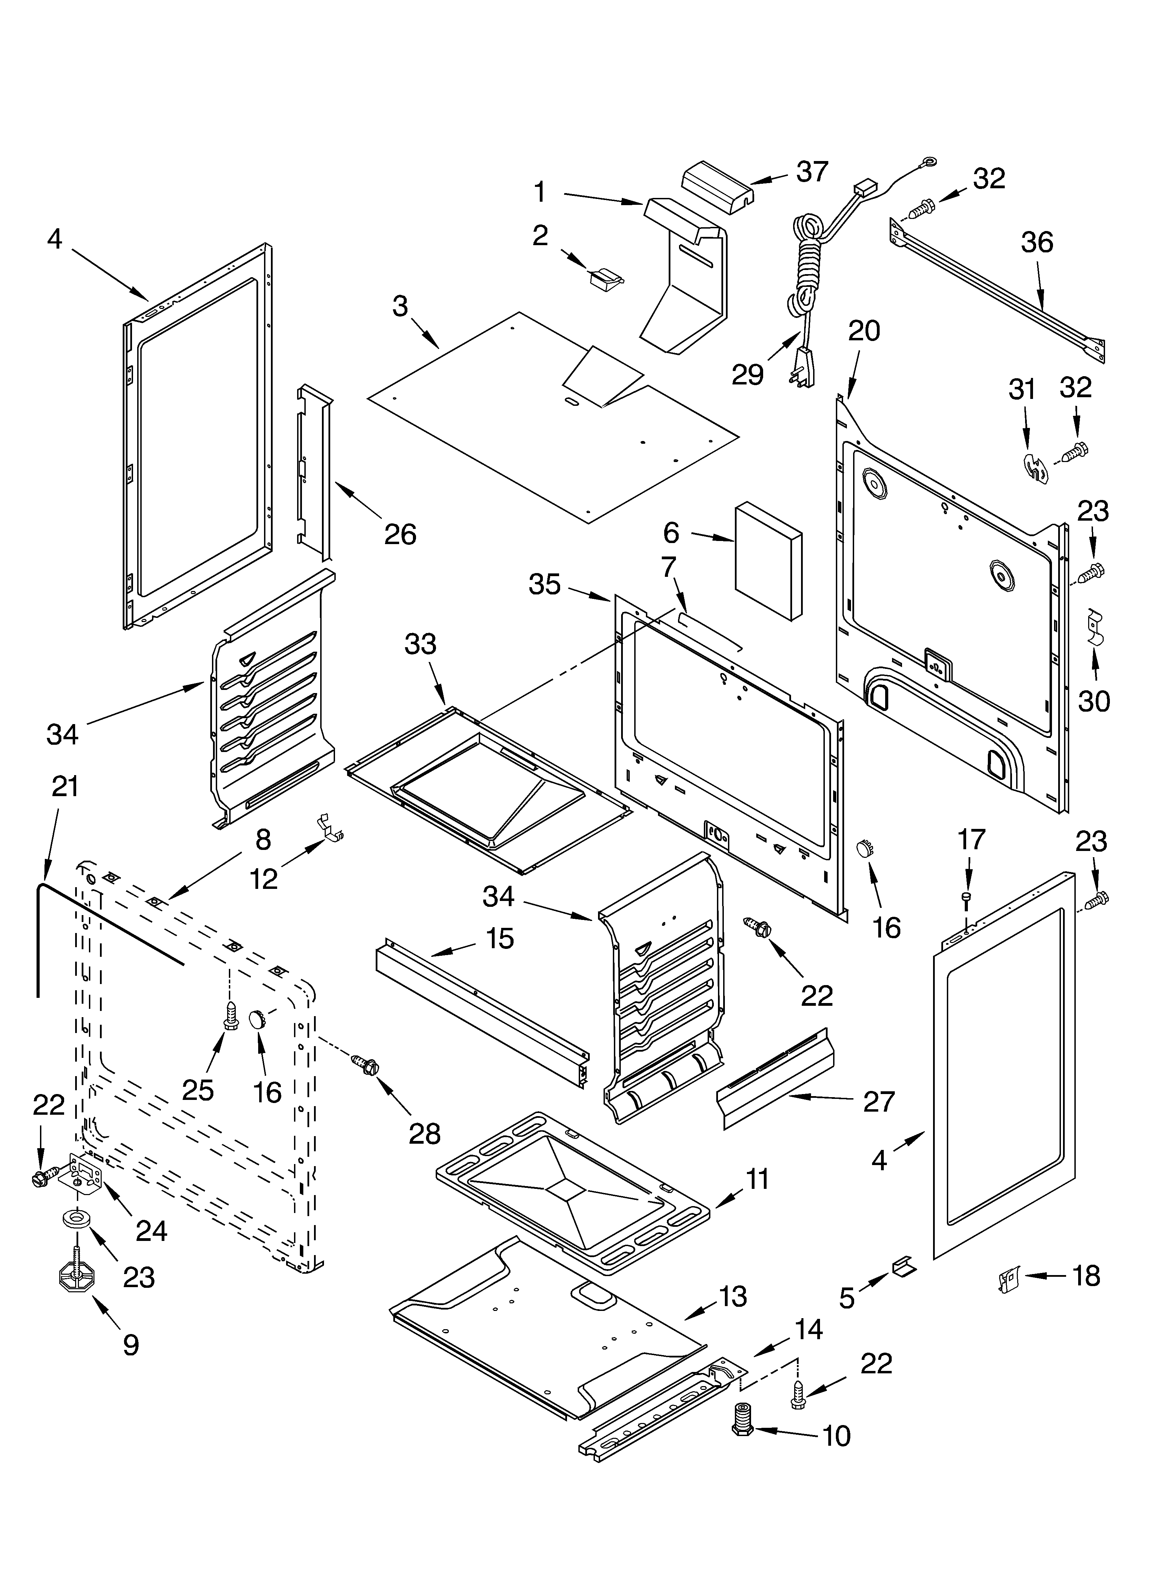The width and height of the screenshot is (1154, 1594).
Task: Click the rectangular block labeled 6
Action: tap(768, 560)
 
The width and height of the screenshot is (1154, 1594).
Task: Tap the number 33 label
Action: tap(420, 644)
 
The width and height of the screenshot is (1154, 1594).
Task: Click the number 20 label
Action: tap(864, 331)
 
